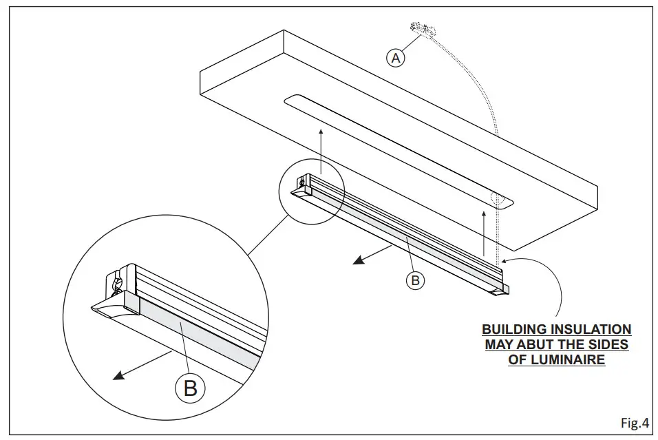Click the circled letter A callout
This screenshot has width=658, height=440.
point(396,59)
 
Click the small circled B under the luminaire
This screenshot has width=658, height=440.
point(414,281)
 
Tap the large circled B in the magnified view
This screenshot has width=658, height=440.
point(189,388)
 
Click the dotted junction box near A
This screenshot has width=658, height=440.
point(421,30)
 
